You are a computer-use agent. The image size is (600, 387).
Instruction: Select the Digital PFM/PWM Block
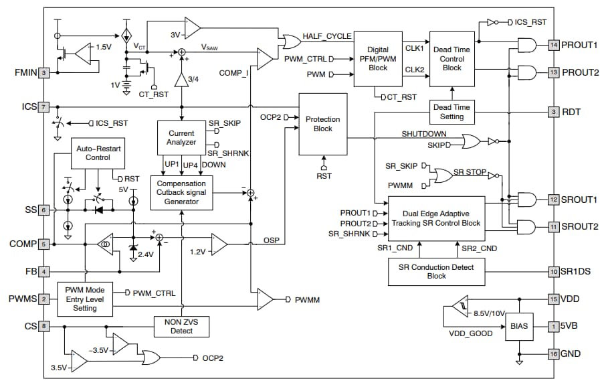click(x=377, y=58)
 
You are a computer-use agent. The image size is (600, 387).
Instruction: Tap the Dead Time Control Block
click(x=452, y=58)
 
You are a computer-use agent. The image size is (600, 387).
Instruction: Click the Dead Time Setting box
click(x=452, y=112)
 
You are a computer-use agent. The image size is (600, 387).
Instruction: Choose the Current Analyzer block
click(x=181, y=138)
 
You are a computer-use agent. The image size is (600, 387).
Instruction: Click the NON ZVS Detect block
click(x=181, y=326)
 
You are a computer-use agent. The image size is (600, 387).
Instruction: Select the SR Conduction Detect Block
click(x=436, y=271)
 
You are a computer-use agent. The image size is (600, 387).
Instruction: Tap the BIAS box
click(x=518, y=326)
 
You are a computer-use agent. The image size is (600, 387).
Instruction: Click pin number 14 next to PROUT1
click(x=553, y=45)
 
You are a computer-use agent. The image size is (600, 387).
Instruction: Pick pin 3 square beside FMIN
click(x=43, y=73)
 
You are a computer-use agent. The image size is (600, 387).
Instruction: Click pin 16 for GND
click(x=553, y=354)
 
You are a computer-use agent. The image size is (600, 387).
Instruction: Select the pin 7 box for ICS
click(x=43, y=106)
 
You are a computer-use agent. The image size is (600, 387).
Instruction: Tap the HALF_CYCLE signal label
click(x=327, y=35)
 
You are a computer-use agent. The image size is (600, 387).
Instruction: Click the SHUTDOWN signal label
click(x=423, y=133)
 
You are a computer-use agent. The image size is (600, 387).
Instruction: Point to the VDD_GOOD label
click(x=470, y=333)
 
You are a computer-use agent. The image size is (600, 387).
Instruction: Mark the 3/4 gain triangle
click(x=181, y=80)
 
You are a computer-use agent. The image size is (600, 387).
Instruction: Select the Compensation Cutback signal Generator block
click(x=181, y=193)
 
